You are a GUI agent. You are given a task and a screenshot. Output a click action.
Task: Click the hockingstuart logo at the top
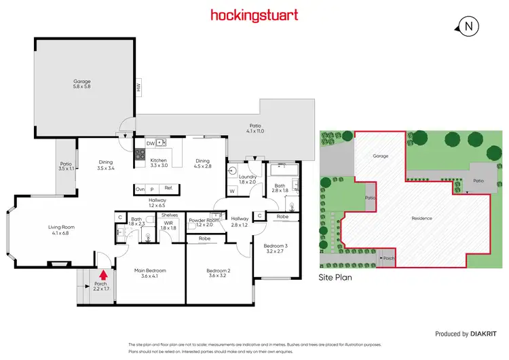click(x=254, y=14)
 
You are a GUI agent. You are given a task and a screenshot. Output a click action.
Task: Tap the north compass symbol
click(x=469, y=26)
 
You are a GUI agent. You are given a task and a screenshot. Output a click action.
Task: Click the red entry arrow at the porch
click(x=103, y=275)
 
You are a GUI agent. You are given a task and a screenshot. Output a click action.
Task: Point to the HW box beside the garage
click(x=138, y=86)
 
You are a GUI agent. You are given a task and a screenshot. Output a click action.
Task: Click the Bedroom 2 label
click(x=219, y=273)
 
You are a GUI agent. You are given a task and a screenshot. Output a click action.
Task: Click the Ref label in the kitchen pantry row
click(x=168, y=189)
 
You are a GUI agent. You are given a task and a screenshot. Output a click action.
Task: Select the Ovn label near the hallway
click(x=140, y=189)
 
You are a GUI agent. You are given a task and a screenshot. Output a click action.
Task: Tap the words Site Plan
click(x=335, y=278)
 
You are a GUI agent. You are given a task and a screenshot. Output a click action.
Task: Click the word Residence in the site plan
click(x=422, y=219)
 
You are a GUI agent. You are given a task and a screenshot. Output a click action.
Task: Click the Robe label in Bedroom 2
click(x=204, y=239)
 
